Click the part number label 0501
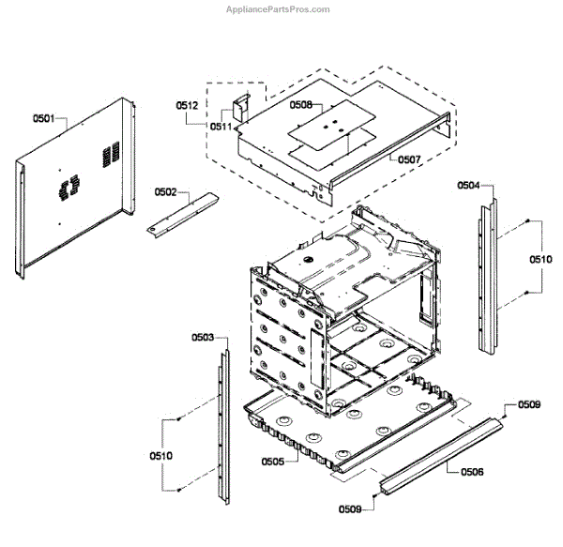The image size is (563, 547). coord(44,119)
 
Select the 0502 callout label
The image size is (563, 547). coord(165,191)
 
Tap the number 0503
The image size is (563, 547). coord(203,337)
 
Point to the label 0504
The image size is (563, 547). coord(469,186)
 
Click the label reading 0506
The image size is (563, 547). coord(473,471)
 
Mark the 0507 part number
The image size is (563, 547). coord(408,160)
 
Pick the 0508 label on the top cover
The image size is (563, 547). coord(300,106)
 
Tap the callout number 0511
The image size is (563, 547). coord(221,126)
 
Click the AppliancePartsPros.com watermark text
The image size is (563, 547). coord(278,9)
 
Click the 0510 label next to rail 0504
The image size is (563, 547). coord(541,258)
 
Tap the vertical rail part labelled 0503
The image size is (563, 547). coord(221,422)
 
